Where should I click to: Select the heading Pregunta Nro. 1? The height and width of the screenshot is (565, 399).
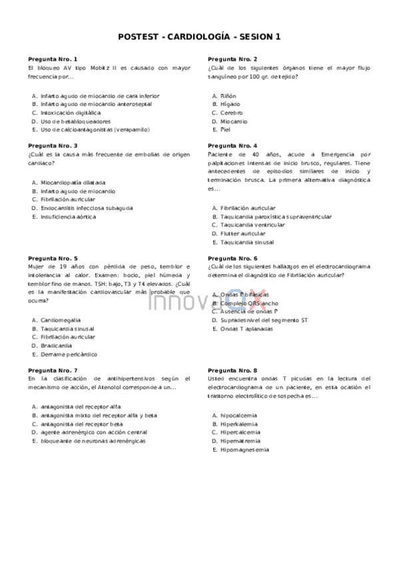53,59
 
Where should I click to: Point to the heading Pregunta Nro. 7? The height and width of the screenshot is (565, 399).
53,370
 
